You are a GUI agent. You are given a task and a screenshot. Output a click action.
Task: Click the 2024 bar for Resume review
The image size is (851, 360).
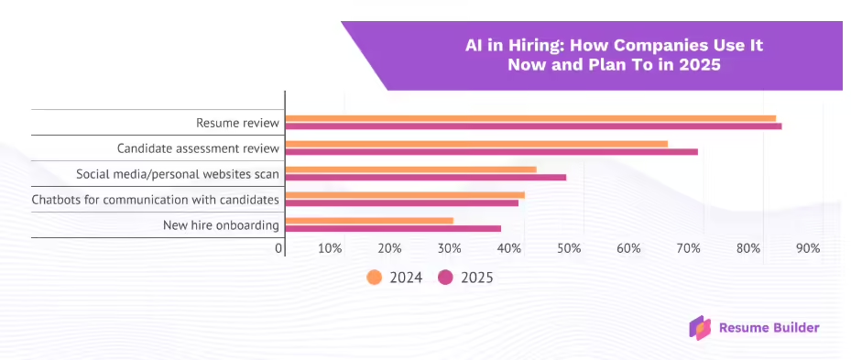click(x=530, y=118)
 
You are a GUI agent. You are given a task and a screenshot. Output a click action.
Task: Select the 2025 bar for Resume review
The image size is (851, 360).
click(x=533, y=125)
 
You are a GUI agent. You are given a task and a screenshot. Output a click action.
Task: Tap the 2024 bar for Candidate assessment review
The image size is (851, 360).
click(x=476, y=144)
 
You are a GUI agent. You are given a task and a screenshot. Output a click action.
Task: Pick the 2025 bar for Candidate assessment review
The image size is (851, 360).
click(x=491, y=151)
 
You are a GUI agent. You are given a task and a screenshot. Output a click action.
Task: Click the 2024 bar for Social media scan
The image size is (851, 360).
click(x=410, y=169)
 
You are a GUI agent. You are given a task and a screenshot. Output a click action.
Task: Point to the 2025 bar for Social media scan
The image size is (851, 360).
click(x=425, y=177)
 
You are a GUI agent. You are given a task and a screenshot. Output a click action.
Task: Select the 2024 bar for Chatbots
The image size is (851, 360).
click(x=405, y=194)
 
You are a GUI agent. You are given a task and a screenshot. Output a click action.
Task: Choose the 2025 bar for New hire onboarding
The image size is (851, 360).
click(x=393, y=228)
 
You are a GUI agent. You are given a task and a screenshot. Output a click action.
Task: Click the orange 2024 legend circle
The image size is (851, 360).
click(x=374, y=278)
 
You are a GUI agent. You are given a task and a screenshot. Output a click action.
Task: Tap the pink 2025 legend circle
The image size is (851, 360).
click(x=446, y=278)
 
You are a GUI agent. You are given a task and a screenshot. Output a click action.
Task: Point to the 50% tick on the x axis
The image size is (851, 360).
click(x=569, y=248)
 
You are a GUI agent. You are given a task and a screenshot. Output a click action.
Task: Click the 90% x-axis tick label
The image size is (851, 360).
click(x=807, y=248)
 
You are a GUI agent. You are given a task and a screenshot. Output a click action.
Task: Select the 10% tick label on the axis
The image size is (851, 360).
click(x=330, y=248)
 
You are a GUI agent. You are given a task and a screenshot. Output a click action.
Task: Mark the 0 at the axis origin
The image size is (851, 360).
click(x=279, y=248)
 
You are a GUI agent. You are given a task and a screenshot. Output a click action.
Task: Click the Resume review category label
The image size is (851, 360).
click(x=237, y=123)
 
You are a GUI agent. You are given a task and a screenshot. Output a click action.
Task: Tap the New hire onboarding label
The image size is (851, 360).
click(x=221, y=225)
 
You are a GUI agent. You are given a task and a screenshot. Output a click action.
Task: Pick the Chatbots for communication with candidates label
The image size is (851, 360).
click(x=155, y=200)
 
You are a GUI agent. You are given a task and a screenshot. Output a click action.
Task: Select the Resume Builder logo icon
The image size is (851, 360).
click(x=700, y=327)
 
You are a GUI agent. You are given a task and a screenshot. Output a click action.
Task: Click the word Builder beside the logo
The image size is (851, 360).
click(x=795, y=327)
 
